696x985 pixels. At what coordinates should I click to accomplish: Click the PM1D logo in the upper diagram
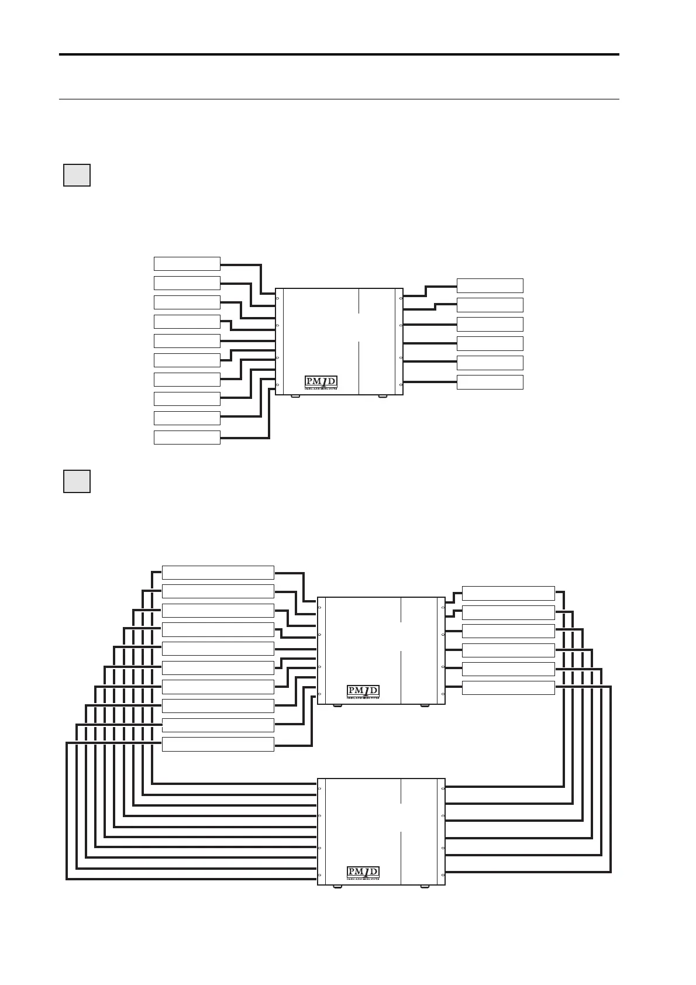tap(321, 382)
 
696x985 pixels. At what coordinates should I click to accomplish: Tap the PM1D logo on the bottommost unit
tap(363, 872)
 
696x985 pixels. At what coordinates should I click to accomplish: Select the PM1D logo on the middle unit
tap(363, 691)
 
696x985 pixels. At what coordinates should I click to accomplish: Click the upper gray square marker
tap(77, 175)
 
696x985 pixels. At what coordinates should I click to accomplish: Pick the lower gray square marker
tap(77, 481)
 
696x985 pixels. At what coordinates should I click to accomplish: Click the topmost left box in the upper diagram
tap(187, 263)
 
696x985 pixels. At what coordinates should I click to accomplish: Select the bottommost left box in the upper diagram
tap(187, 438)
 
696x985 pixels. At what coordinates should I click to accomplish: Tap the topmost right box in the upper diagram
tap(490, 285)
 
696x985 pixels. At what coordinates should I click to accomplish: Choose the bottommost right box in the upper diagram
tap(490, 382)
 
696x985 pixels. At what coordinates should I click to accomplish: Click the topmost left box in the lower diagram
tap(218, 572)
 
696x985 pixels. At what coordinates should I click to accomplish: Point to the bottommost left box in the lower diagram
tap(218, 744)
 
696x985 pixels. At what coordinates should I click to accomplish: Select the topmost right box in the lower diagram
tap(508, 593)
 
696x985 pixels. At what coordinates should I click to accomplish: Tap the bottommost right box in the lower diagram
tap(508, 688)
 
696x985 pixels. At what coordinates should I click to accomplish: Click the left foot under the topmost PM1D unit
tap(296, 397)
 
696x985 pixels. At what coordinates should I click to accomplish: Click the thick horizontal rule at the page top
tap(339, 54)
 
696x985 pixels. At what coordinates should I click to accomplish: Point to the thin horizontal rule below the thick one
tap(339, 99)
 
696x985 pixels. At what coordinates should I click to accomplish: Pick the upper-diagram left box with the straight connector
tap(187, 340)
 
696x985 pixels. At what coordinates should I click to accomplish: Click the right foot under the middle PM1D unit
tap(425, 705)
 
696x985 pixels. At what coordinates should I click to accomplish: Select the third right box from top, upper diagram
tap(490, 324)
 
